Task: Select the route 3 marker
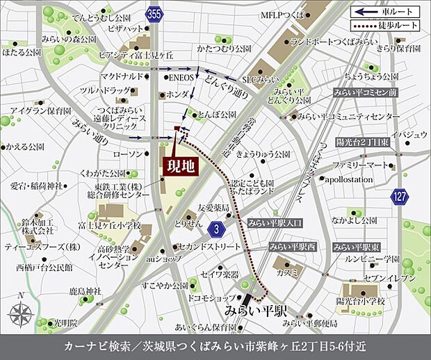point(218,228)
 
